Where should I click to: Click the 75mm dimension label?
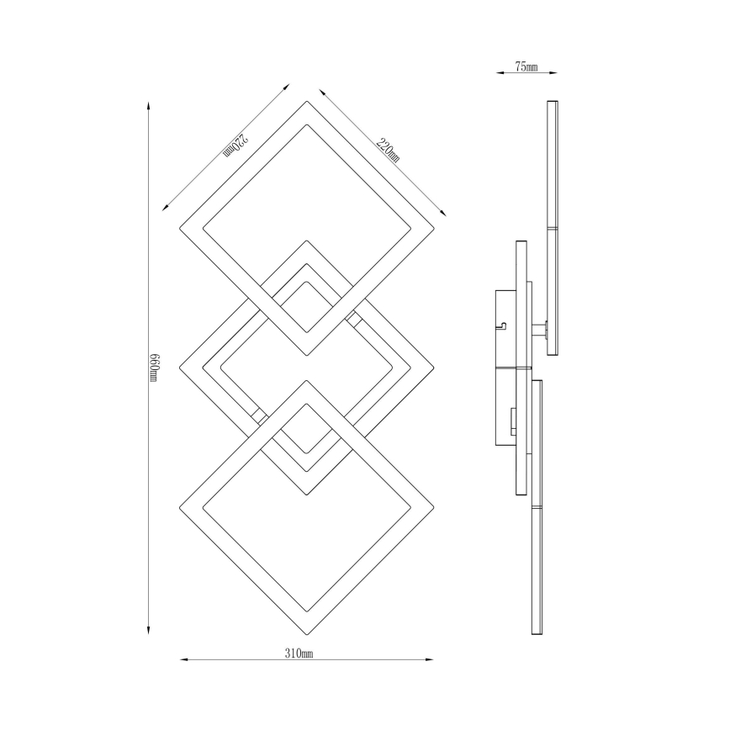coord(526,67)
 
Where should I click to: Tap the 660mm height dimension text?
coord(154,368)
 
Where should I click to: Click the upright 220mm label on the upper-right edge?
coord(389,150)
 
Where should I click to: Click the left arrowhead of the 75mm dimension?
coord(498,73)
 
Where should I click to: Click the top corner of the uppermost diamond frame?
coord(306,102)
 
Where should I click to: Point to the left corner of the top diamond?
coord(180,228)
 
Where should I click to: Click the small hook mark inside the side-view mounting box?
coord(502,323)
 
